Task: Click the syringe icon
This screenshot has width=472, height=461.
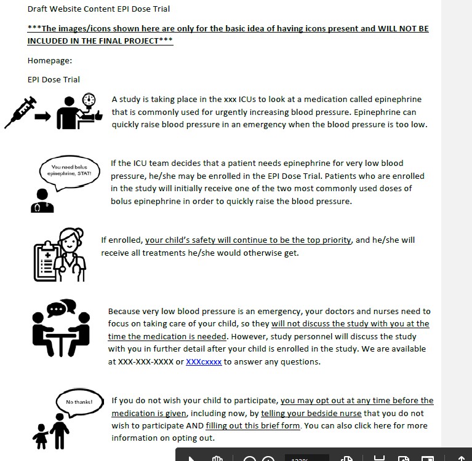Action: pyautogui.click(x=20, y=112)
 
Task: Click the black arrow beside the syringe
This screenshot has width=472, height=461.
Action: pyautogui.click(x=42, y=116)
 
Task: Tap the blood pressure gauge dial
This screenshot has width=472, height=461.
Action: pyautogui.click(x=89, y=100)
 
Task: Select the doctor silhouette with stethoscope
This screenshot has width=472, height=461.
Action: pyautogui.click(x=42, y=201)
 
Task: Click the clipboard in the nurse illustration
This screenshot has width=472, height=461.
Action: pyautogui.click(x=46, y=261)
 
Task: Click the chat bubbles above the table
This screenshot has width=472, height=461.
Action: pyautogui.click(x=62, y=307)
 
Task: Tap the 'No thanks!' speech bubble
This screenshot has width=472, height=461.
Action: pyautogui.click(x=79, y=403)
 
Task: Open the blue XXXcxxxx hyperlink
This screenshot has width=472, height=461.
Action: pyautogui.click(x=204, y=361)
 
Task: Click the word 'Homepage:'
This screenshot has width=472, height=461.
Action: pyautogui.click(x=50, y=60)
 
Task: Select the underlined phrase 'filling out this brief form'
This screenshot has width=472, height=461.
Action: pyautogui.click(x=253, y=425)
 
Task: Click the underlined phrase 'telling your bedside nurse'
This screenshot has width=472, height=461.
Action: pyautogui.click(x=311, y=413)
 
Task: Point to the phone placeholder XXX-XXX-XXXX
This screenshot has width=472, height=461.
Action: pyautogui.click(x=146, y=361)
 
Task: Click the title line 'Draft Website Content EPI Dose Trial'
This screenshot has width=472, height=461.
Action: pyautogui.click(x=98, y=9)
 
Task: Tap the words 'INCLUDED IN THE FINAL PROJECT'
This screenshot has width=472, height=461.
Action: pyautogui.click(x=93, y=41)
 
